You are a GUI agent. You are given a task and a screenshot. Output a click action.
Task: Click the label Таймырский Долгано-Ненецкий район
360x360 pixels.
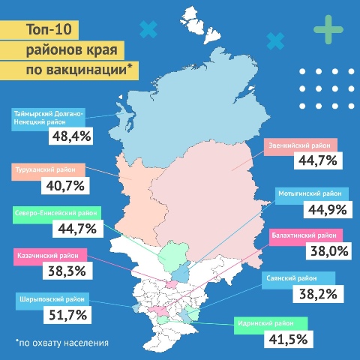(49, 118)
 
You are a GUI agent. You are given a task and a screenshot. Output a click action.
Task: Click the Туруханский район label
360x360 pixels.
(50, 169)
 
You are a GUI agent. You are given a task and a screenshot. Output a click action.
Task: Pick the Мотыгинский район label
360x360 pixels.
(307, 192)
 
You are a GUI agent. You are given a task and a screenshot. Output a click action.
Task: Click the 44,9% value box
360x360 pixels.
(319, 208)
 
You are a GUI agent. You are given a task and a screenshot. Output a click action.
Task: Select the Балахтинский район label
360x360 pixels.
(307, 234)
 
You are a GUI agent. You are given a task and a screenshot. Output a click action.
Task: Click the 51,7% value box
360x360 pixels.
(68, 316)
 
